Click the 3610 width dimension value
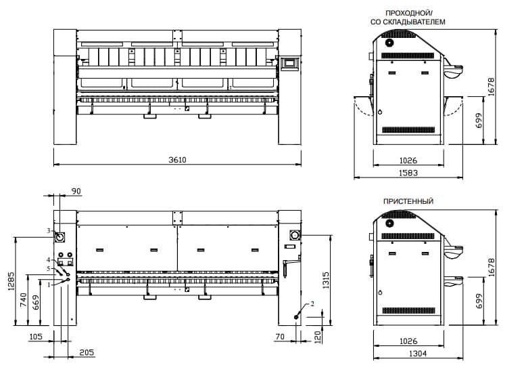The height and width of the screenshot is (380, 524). [x=177, y=160]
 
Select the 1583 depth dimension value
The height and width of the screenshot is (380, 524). [x=408, y=173]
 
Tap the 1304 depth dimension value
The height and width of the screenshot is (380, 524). [x=417, y=354]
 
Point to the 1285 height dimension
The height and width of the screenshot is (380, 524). [x=11, y=280]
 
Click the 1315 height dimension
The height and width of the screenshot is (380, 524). [x=325, y=280]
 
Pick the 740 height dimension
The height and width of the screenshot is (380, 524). [x=24, y=300]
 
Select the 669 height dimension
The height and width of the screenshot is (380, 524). [x=36, y=302]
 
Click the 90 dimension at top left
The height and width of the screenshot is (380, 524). [x=76, y=191]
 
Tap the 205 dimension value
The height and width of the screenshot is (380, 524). [x=87, y=352]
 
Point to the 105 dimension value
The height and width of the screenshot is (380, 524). [x=36, y=337]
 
